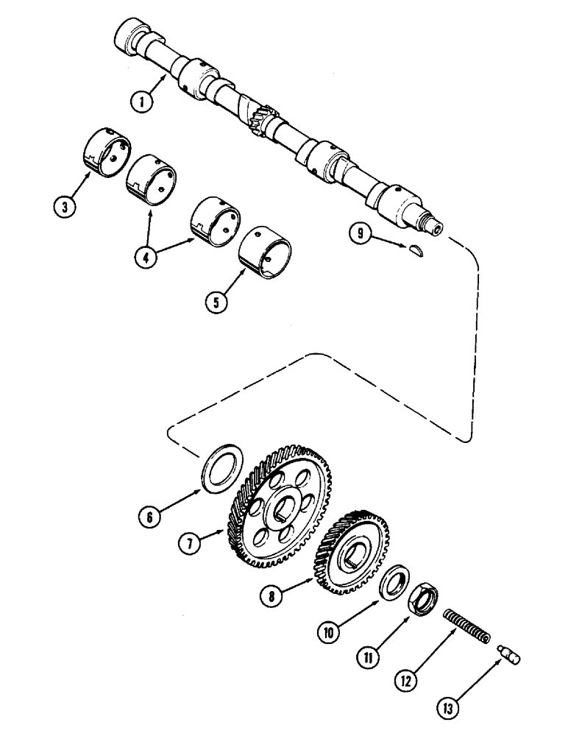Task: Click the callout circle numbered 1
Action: tap(140, 102)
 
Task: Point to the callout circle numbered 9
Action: tap(359, 235)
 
